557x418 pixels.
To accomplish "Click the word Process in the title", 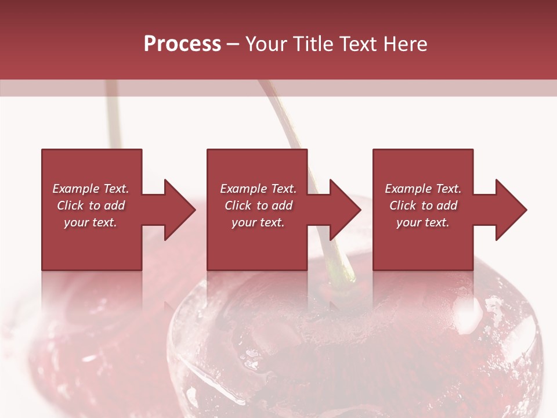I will click(x=182, y=44).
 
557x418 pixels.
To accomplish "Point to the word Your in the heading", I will click(x=267, y=44).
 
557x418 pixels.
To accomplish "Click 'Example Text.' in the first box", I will click(x=91, y=189).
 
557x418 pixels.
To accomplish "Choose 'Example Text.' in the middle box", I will click(x=258, y=189).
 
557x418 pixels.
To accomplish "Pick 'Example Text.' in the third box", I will click(x=423, y=189).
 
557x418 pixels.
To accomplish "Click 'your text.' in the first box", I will click(x=91, y=222).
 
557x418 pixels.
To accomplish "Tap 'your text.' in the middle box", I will click(x=258, y=222).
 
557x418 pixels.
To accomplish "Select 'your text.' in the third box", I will click(x=423, y=222).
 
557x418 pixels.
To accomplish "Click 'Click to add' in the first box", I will click(x=91, y=206).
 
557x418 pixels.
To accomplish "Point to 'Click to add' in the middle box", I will click(x=258, y=206).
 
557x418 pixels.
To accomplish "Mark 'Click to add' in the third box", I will click(x=423, y=206).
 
